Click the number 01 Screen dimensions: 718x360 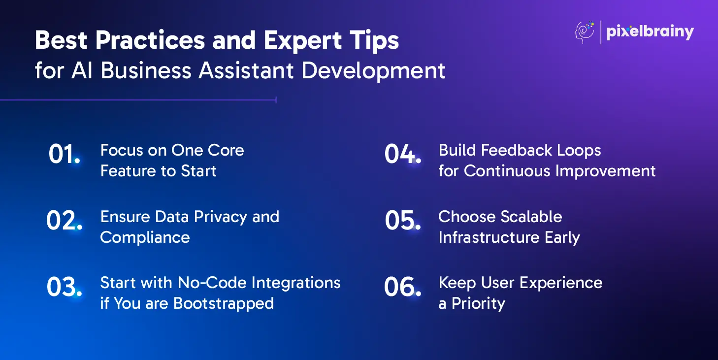64,154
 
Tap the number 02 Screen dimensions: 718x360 64,220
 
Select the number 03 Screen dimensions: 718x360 64,287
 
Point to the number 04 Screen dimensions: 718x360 403,154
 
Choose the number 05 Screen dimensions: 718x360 403,220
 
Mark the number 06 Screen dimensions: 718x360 403,287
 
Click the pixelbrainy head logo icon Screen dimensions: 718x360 585,32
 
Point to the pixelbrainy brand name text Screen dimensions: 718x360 650,32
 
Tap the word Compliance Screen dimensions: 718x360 145,238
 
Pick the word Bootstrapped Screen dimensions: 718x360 224,304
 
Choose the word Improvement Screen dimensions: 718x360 606,171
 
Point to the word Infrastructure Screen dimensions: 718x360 489,237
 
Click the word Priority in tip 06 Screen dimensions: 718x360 478,304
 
